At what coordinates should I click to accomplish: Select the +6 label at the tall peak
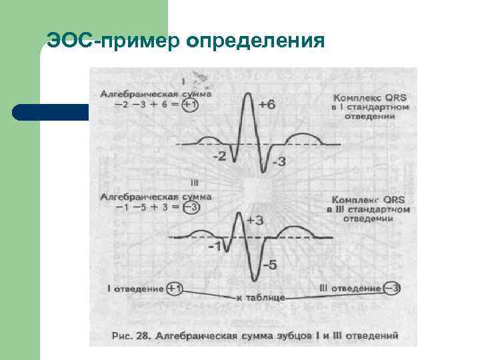(x=267, y=105)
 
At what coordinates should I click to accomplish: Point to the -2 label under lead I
(x=219, y=157)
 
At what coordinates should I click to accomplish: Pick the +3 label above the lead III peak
(x=255, y=221)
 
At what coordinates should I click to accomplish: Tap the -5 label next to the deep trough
(x=269, y=265)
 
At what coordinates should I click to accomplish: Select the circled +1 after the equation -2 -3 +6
(x=190, y=106)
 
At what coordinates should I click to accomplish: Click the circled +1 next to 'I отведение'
(x=176, y=289)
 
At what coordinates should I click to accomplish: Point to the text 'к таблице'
(x=261, y=297)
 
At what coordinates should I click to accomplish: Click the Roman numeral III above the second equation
(x=195, y=181)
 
